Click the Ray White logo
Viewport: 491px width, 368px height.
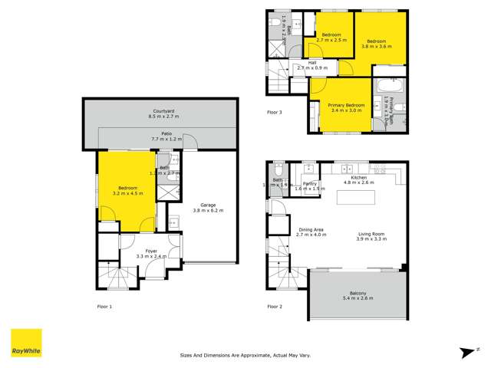coord(25,343)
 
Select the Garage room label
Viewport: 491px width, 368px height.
coord(207,205)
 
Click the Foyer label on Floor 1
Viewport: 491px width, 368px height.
coord(146,251)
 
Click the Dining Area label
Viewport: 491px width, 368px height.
coord(311,229)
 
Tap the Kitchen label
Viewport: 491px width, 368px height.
coord(359,178)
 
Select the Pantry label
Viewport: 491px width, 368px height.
coord(310,184)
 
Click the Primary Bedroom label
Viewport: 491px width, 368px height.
coord(345,104)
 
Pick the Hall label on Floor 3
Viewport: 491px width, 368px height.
coord(312,63)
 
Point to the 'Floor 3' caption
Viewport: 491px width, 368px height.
coord(275,112)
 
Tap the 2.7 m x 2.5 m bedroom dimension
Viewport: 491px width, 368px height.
coord(331,41)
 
